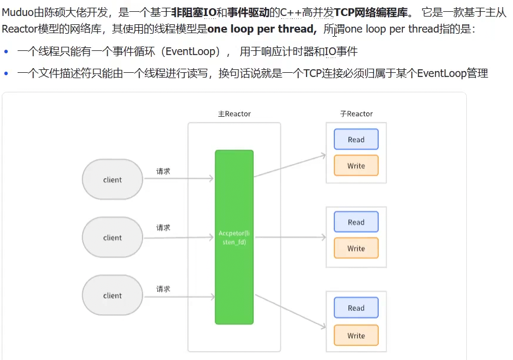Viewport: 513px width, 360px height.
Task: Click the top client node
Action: tap(112, 179)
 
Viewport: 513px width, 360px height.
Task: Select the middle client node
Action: tap(112, 237)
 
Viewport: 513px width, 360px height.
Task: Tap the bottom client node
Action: tap(112, 295)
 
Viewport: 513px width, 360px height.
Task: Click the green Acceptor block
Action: tap(234, 237)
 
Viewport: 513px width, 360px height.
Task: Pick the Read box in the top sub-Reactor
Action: tap(356, 140)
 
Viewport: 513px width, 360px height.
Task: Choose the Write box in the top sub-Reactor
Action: tap(356, 166)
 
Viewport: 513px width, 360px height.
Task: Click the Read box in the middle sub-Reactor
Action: tap(356, 222)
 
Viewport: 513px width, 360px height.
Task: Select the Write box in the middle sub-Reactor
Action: tap(356, 248)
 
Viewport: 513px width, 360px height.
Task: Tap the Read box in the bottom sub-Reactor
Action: tap(356, 308)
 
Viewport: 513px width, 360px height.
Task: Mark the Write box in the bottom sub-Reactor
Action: tap(356, 335)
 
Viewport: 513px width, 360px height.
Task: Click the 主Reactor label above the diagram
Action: tap(234, 114)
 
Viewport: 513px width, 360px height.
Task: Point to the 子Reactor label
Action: tap(356, 114)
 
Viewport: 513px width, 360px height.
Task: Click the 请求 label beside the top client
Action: tap(163, 171)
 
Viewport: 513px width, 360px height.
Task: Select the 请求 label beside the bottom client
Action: tap(163, 288)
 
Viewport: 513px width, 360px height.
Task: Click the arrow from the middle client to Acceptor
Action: tap(178, 238)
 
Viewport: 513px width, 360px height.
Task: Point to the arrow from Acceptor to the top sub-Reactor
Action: tap(290, 165)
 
